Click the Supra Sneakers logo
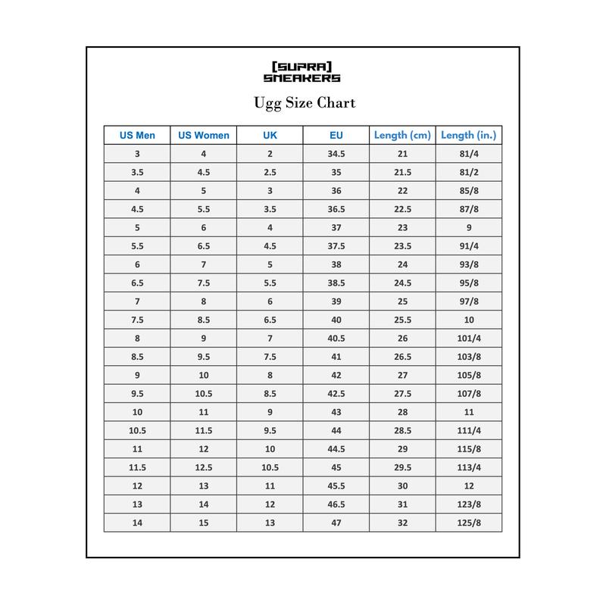[x=302, y=71]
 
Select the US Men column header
[x=137, y=136]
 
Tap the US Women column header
[x=204, y=136]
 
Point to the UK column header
[x=270, y=136]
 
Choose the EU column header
[x=336, y=136]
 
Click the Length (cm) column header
[x=402, y=136]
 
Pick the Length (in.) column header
[x=469, y=136]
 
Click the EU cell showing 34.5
[x=336, y=154]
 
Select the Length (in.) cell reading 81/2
[x=469, y=172]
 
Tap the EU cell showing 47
[x=336, y=523]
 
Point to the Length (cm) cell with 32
[x=402, y=523]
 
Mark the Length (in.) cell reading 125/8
[x=469, y=523]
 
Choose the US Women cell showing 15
[x=204, y=523]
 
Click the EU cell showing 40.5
[x=336, y=338]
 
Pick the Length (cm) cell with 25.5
[x=402, y=320]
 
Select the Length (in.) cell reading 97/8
[x=469, y=301]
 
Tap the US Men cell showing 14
[x=137, y=523]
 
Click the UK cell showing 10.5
[x=270, y=467]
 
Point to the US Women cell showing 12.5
[x=204, y=467]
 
